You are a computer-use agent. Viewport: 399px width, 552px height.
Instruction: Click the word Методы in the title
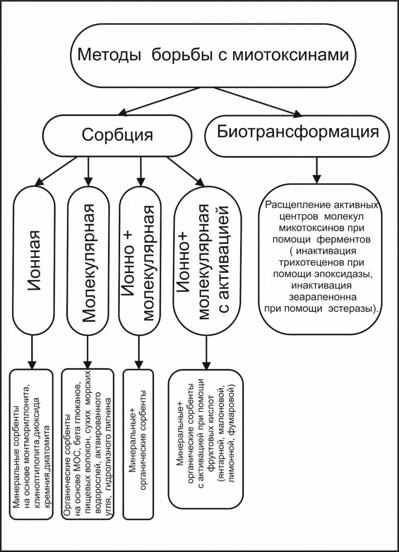coord(109,55)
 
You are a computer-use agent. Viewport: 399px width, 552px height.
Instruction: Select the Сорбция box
coord(117,135)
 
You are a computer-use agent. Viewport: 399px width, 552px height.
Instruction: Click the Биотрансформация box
coord(298,135)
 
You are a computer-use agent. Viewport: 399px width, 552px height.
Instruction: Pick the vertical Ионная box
coord(34,259)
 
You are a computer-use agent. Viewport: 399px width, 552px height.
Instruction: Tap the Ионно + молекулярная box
coord(140,259)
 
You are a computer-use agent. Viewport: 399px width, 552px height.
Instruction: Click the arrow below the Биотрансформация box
coord(317,170)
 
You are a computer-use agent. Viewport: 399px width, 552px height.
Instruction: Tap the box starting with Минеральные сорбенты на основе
coord(31,444)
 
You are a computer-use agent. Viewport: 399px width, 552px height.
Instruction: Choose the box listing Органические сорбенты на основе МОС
coord(88,444)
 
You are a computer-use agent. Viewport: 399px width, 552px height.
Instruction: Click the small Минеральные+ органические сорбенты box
coord(139,444)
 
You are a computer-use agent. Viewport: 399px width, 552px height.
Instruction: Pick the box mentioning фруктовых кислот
coord(206,438)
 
